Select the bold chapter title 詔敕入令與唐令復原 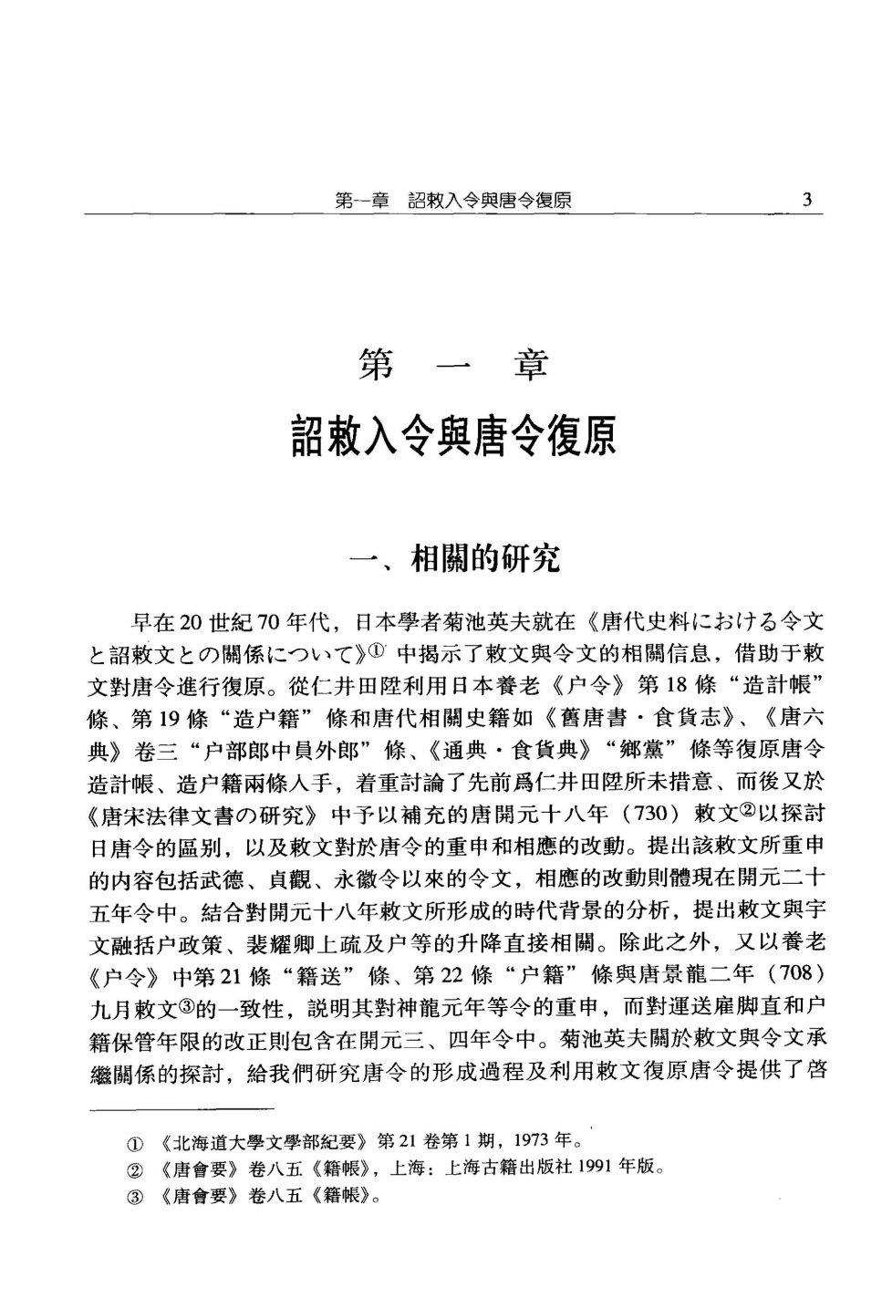[453, 436]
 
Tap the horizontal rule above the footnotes [182, 1108]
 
